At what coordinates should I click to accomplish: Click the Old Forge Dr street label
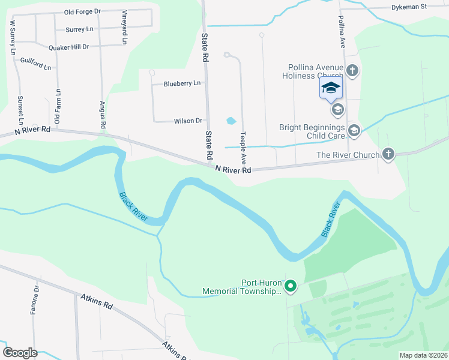tap(82, 11)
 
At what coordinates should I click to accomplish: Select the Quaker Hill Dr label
tap(68, 46)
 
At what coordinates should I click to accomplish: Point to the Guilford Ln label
tap(35, 63)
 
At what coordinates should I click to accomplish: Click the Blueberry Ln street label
tap(182, 83)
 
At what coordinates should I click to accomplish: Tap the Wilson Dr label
tap(188, 121)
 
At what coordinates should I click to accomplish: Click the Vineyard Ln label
tap(125, 28)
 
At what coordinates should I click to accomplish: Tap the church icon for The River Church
tap(388, 155)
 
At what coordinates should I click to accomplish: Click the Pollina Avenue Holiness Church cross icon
tap(352, 71)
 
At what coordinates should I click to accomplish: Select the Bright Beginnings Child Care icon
tap(354, 131)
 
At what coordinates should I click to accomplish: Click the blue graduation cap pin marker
tap(330, 88)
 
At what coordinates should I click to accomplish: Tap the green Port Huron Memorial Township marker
tap(291, 287)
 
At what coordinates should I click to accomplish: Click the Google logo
tap(20, 353)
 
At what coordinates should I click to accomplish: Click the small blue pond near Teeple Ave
tap(231, 121)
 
